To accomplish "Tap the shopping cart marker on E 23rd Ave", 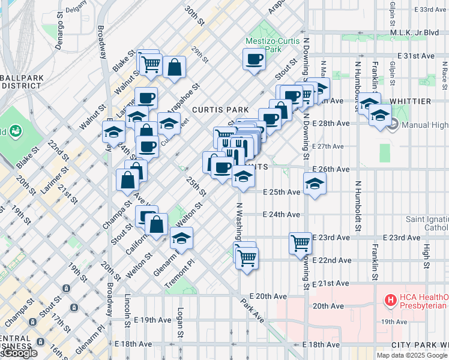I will pos(300,244).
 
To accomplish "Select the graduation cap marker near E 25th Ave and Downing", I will pos(314,184).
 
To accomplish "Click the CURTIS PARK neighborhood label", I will pos(220,110).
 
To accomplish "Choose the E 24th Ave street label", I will pos(281,214).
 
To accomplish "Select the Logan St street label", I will pos(180,322).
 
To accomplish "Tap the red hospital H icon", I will pos(390,299).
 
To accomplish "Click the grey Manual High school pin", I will pos(393,125).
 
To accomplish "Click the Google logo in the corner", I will pos(19,353).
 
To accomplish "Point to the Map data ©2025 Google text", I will pos(412,355).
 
